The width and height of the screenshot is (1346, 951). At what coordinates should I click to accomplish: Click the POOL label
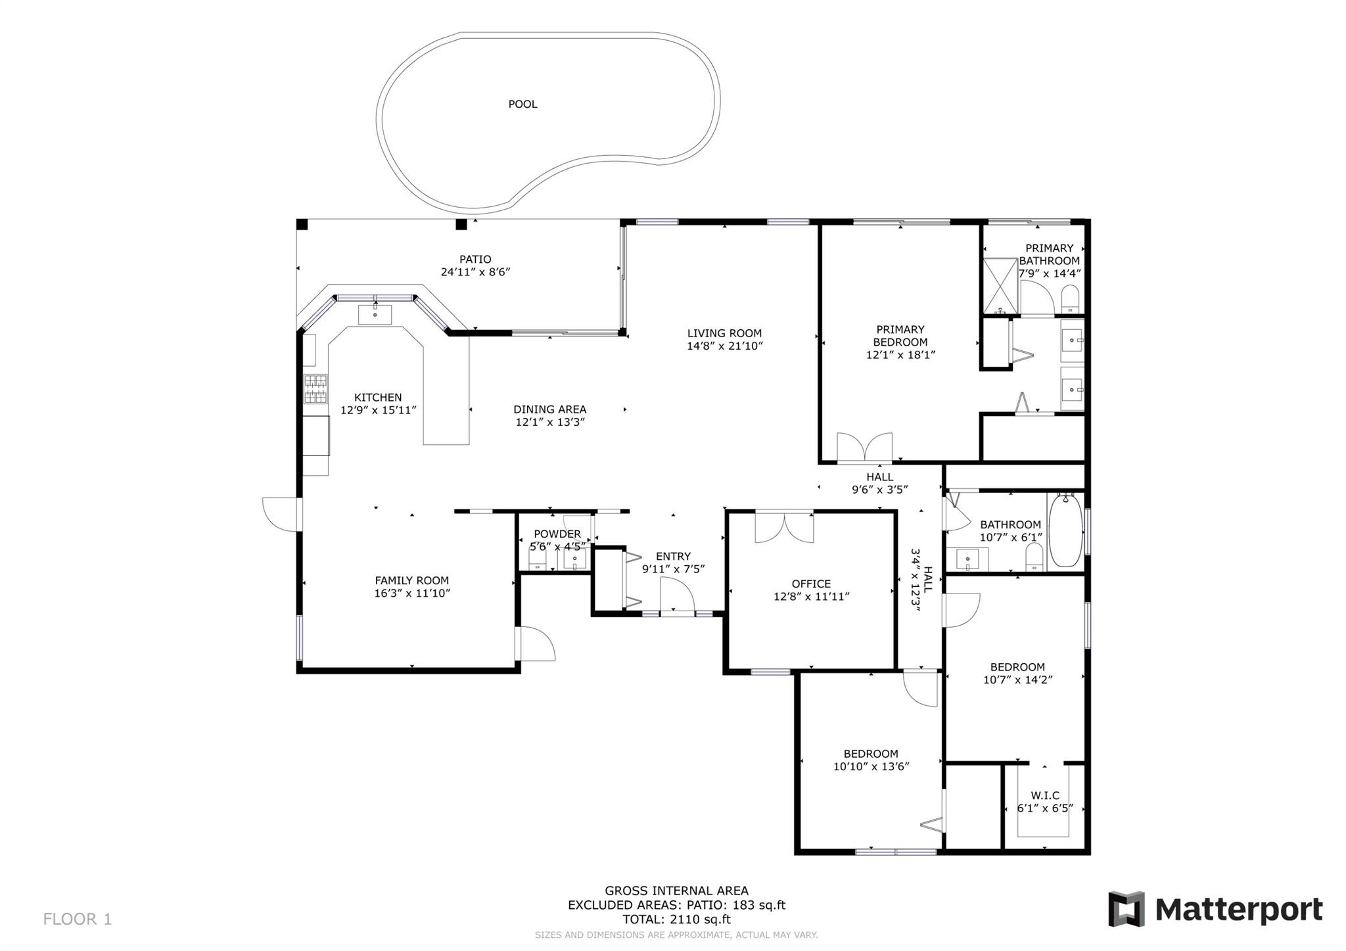point(522,104)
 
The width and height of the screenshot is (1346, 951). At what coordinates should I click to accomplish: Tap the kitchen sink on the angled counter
point(375,314)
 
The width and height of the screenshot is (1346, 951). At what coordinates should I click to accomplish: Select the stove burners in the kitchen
point(315,388)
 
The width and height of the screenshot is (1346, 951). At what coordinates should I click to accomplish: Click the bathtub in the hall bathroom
point(1065,531)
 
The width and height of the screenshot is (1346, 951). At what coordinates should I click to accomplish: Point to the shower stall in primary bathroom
point(1000,286)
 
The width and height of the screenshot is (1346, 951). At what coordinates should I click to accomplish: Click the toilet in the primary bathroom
point(1070,300)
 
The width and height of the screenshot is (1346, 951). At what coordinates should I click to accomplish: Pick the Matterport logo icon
point(1126,909)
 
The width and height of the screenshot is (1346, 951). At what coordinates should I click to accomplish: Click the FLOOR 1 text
point(78,919)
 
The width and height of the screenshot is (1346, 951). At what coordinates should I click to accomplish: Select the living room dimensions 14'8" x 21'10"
point(725,346)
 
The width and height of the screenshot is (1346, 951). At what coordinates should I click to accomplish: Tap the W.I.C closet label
point(1045,795)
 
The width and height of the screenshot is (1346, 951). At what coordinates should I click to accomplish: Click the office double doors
point(784,528)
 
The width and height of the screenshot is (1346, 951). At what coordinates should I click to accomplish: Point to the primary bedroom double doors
point(864,448)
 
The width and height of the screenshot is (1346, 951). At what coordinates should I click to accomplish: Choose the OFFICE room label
point(811,584)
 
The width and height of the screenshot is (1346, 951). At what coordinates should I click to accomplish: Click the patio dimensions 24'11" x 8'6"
point(475,271)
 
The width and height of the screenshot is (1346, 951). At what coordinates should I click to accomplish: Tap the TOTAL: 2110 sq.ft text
point(676,919)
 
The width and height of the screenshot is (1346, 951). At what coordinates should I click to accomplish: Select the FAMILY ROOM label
point(412,580)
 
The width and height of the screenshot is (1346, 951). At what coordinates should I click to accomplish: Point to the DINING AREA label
point(550,409)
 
